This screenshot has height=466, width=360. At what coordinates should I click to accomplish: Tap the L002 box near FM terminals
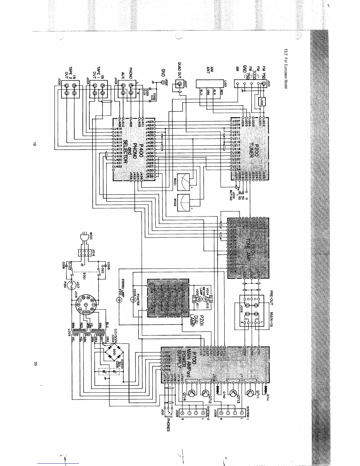pos(261,102)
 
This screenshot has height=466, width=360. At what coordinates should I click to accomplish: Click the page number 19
pos(35,144)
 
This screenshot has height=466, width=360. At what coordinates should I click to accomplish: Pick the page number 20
pos(35,364)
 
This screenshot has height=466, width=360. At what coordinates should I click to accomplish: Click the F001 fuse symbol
pos(71,285)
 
